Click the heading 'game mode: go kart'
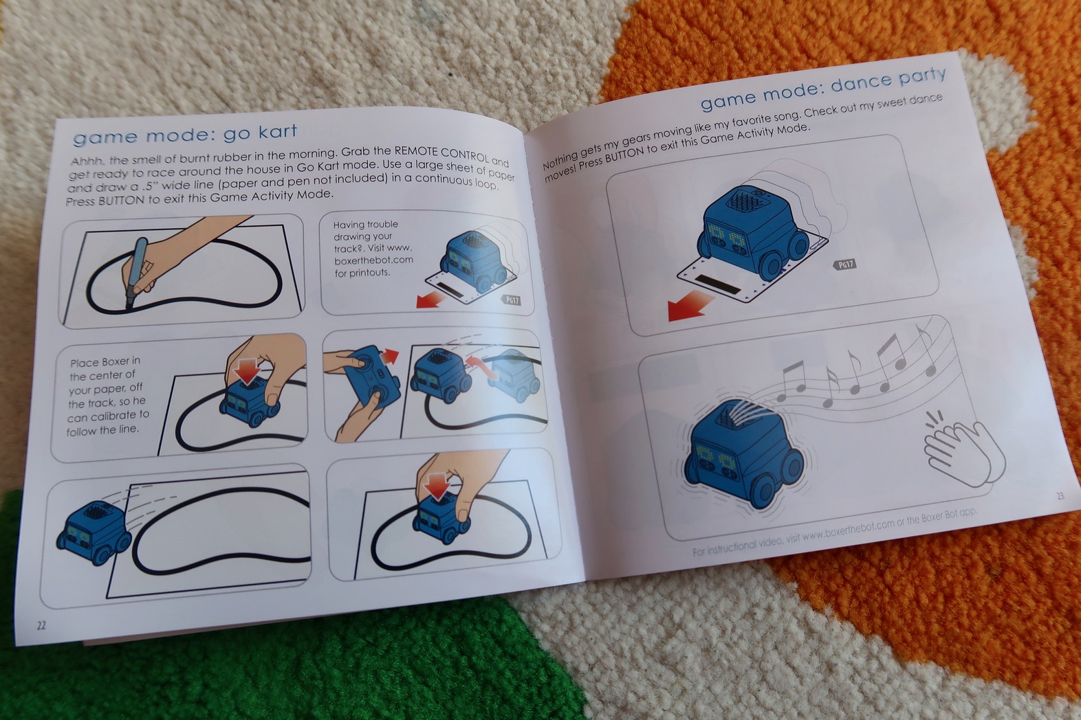tap(185, 133)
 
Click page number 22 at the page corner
tap(41, 625)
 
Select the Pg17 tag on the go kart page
tap(512, 300)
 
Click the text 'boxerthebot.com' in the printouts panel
tap(373, 260)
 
